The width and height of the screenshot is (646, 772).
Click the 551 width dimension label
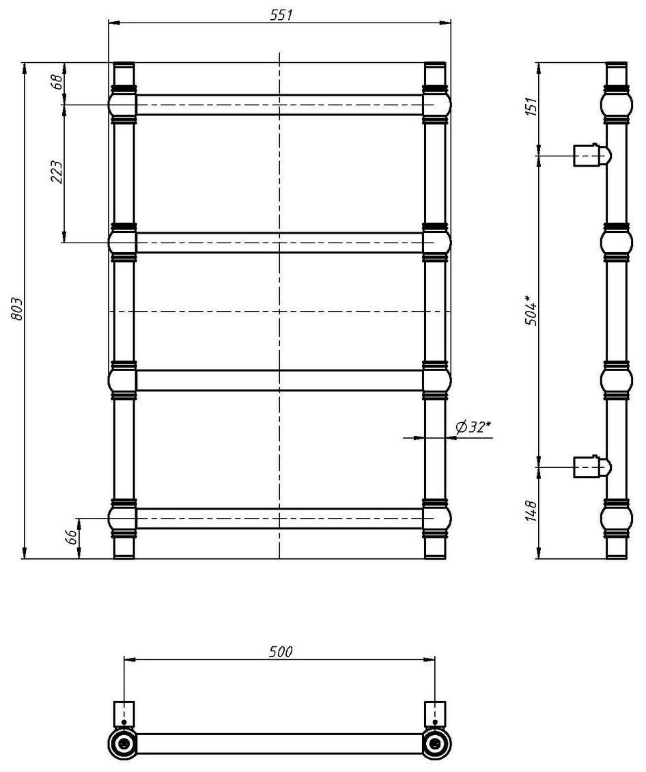281,15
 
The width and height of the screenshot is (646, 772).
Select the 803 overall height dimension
17,309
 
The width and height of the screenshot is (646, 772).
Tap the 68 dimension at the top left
57,81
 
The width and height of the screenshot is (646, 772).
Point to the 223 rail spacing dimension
57,172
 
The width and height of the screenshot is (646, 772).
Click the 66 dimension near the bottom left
72,537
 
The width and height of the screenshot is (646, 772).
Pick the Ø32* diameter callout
473,427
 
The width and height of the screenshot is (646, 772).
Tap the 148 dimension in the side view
531,510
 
